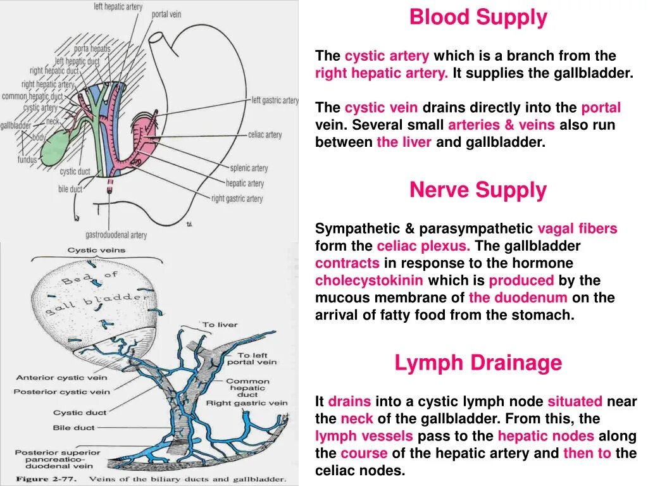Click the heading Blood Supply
coord(478,18)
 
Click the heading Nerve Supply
coord(478,190)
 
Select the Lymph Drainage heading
coord(478,363)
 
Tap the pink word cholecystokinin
coord(369,280)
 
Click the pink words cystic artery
coord(387,56)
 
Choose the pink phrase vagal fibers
coord(577,228)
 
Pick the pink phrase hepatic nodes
coord(545,436)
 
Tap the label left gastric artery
coord(275,101)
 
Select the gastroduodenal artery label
coord(116,235)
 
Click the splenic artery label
coord(249,168)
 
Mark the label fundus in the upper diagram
coord(27,160)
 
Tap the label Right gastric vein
coord(246,402)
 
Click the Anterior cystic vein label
coord(61,378)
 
